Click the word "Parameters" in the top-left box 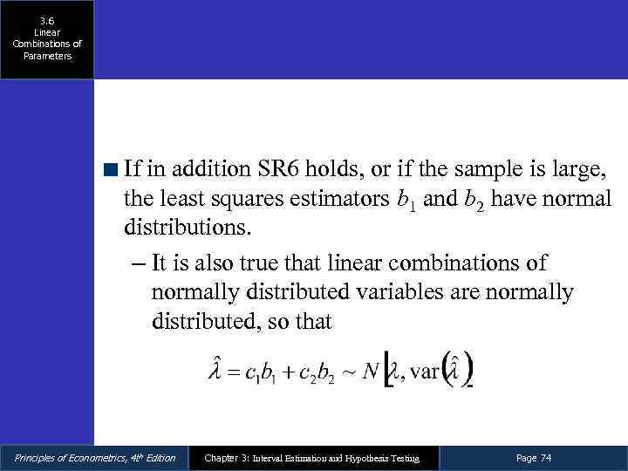click(x=47, y=56)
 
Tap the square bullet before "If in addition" click(x=111, y=167)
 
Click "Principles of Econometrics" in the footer click(x=70, y=458)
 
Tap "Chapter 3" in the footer click(x=225, y=458)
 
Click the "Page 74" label click(x=534, y=458)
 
